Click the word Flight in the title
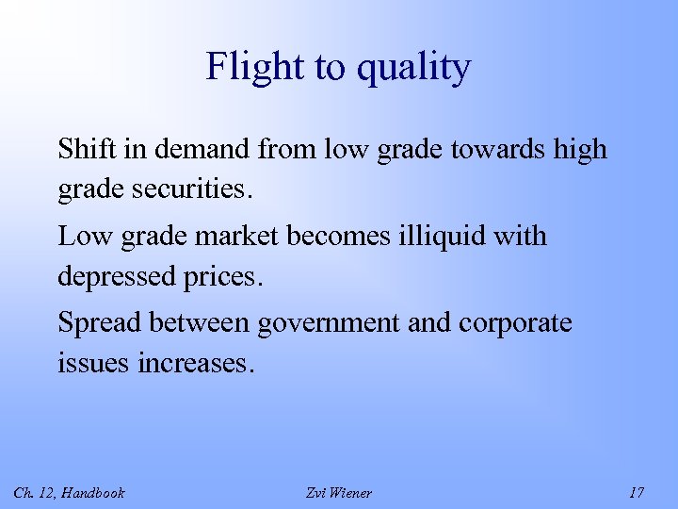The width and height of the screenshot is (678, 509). (x=249, y=67)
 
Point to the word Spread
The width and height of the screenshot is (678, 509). (x=92, y=322)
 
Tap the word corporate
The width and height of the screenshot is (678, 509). (x=515, y=323)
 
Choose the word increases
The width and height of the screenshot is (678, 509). (x=196, y=363)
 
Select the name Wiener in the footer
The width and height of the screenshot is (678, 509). (x=351, y=493)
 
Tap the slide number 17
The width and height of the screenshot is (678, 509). (x=637, y=493)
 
